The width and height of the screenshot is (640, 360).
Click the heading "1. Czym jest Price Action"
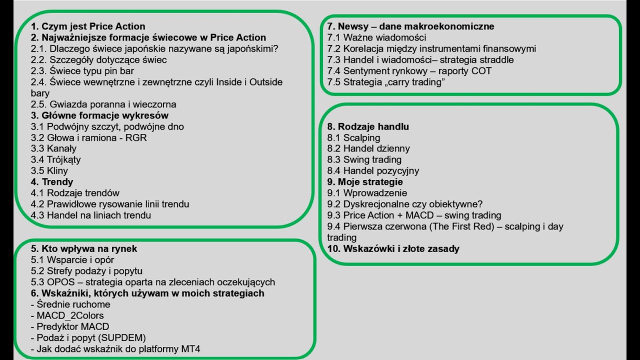[88, 26]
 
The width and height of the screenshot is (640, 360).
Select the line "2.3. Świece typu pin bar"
[82, 71]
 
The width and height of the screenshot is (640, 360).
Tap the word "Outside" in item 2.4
[266, 82]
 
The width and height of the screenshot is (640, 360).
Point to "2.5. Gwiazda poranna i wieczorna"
[103, 104]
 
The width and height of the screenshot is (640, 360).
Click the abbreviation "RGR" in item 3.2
[136, 137]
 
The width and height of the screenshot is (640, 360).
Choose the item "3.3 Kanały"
[53, 148]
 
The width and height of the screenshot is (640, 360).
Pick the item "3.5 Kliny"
[49, 171]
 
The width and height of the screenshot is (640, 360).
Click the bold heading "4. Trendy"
[52, 182]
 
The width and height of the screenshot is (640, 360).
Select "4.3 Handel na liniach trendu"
[91, 215]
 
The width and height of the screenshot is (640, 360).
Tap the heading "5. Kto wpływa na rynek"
[84, 248]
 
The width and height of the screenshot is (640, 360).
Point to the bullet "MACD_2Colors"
[70, 315]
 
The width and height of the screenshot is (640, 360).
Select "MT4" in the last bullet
[190, 349]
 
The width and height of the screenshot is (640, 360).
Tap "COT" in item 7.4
[481, 71]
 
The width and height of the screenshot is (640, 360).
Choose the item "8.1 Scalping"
[353, 137]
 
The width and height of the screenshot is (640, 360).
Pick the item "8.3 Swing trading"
[364, 159]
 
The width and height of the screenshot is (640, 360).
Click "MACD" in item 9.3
[419, 215]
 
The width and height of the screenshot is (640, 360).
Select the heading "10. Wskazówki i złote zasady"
[393, 248]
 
